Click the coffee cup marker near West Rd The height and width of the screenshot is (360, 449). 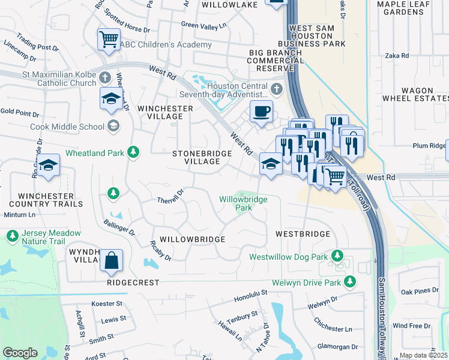[x=261, y=112]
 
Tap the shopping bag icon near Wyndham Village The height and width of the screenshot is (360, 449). [x=111, y=261]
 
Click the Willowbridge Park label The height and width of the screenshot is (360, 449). [x=243, y=203]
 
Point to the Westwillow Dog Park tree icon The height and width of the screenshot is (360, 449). [x=337, y=256]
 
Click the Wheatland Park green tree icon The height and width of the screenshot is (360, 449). [x=133, y=153]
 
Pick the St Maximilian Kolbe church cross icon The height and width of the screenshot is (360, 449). [x=106, y=77]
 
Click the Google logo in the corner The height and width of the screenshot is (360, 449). [x=20, y=352]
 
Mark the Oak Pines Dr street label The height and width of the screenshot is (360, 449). [x=416, y=292]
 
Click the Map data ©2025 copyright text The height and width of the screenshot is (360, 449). [x=423, y=355]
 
